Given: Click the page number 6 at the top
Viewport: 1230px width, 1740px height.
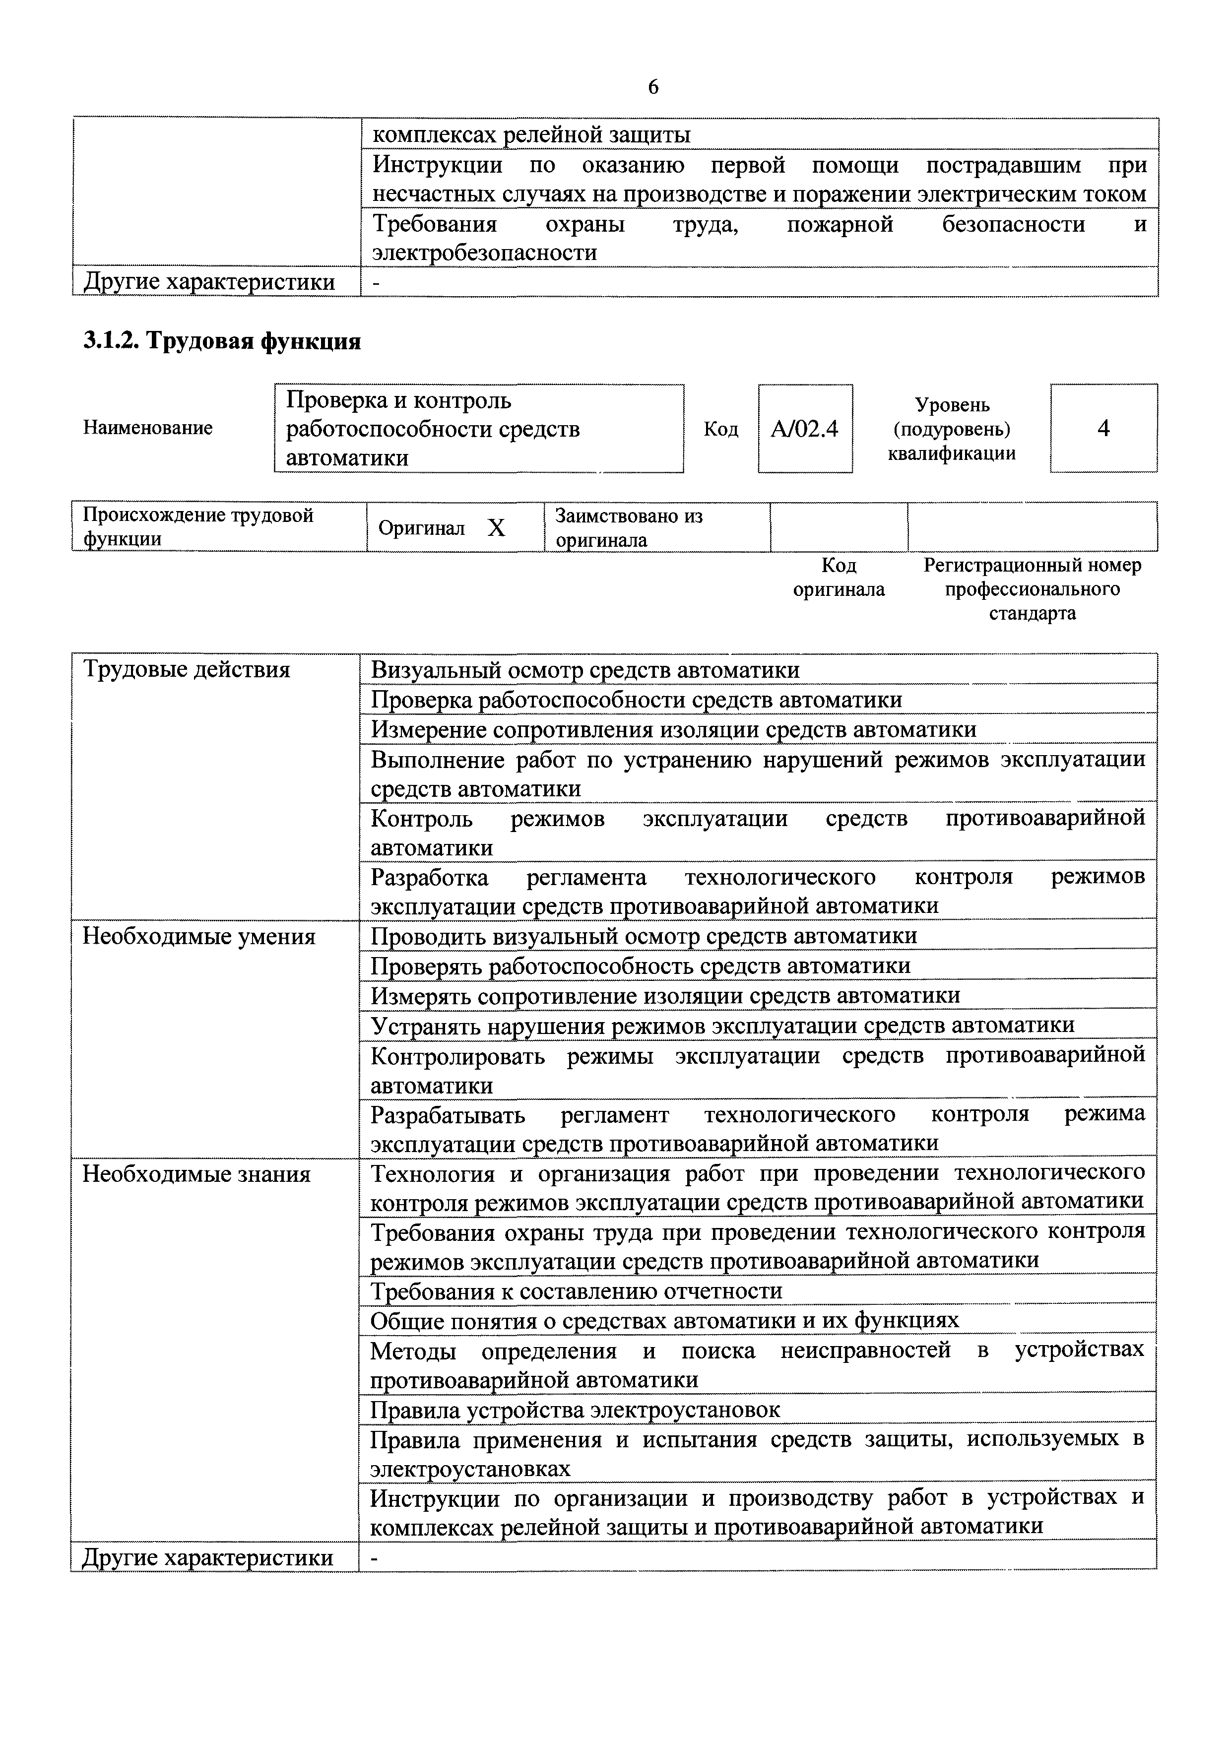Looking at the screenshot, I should click(652, 87).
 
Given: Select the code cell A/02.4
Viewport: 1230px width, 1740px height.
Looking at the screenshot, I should click(804, 429).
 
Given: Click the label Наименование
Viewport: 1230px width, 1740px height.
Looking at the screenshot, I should click(148, 428).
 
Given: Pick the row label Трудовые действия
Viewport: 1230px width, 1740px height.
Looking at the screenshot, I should click(187, 670).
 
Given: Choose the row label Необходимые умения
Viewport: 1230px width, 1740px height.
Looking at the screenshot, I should click(198, 937).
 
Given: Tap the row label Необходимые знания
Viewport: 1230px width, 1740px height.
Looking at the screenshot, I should click(196, 1174).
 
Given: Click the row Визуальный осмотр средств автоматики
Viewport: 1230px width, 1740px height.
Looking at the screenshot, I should click(585, 670).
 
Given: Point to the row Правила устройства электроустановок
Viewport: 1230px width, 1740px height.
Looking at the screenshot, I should click(575, 1410).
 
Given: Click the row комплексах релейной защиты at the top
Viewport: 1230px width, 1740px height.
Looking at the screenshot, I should click(532, 135).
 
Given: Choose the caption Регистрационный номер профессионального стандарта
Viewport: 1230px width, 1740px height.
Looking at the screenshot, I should click(1032, 589).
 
